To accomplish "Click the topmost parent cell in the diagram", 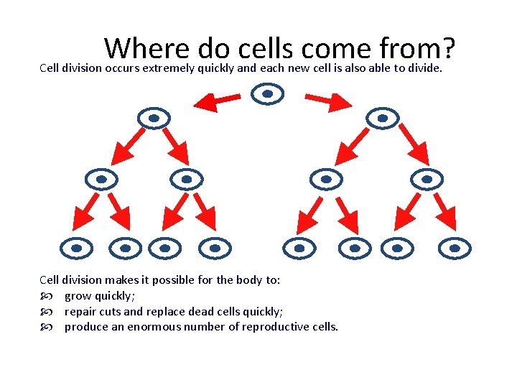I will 268,93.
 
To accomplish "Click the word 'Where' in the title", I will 146,48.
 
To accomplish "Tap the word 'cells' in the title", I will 263,48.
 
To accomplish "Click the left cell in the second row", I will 153,118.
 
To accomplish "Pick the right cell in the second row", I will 382,118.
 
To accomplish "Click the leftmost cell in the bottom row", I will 76,248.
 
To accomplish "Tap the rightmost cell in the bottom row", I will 455,248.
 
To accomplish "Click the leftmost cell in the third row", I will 101,179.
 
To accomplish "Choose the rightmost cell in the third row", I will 427,179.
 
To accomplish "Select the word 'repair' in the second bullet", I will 80,311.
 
